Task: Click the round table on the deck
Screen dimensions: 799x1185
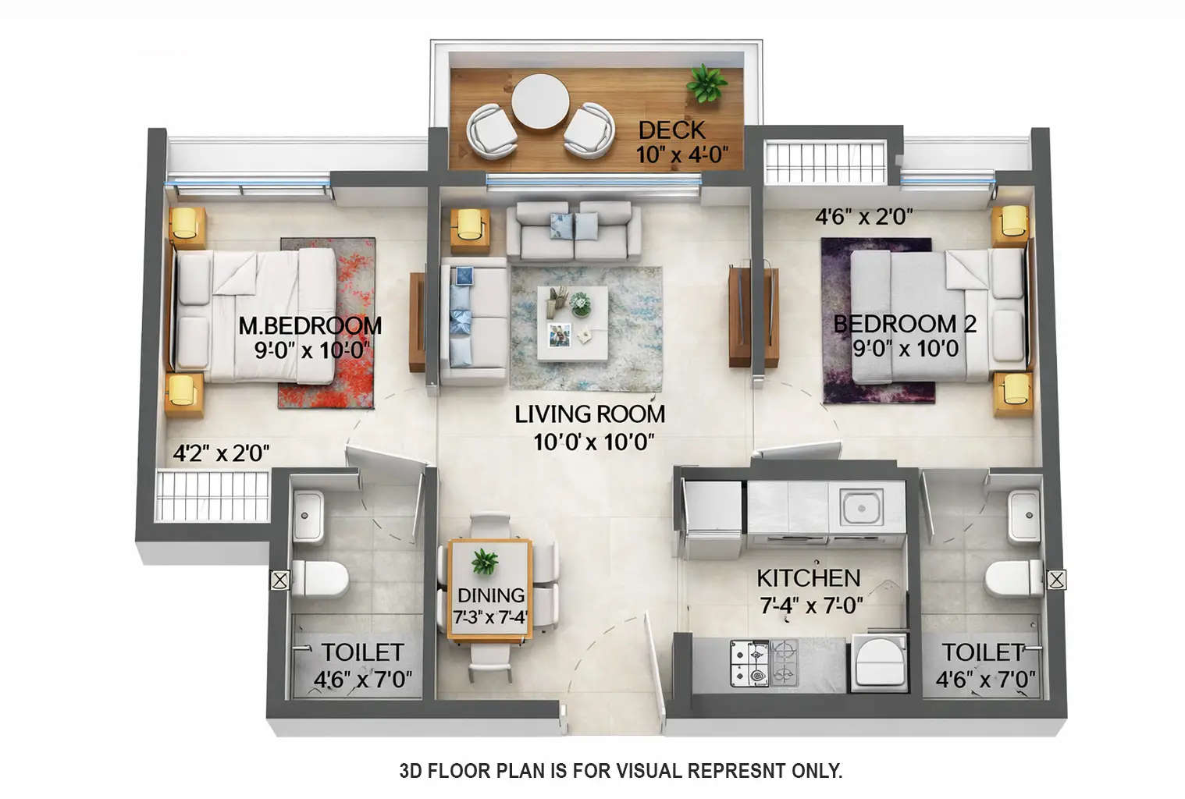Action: click(539, 101)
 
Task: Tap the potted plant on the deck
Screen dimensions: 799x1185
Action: click(706, 81)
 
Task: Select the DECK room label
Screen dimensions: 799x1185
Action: click(671, 130)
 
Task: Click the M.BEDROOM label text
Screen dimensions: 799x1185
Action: click(310, 325)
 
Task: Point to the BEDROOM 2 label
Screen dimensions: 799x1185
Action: click(904, 324)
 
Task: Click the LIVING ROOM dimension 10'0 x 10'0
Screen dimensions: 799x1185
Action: click(593, 442)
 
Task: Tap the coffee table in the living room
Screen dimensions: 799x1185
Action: click(571, 323)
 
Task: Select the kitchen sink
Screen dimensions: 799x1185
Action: click(861, 507)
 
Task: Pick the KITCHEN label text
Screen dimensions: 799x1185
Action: click(808, 578)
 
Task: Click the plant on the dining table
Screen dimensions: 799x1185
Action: click(485, 561)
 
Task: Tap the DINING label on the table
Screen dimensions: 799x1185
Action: click(490, 596)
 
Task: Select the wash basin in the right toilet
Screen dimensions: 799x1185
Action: click(1024, 516)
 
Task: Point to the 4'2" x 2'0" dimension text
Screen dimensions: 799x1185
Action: click(221, 453)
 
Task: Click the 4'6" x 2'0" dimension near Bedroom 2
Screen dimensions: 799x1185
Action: click(864, 217)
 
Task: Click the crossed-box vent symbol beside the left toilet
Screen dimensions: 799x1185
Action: click(279, 580)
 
